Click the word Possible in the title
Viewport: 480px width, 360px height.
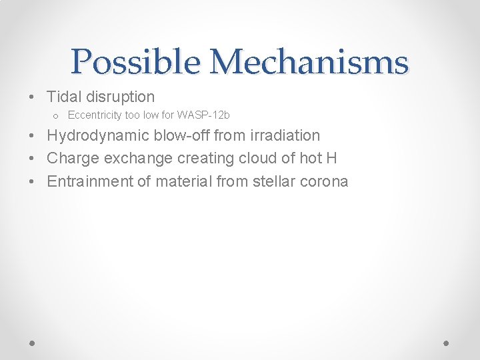click(135, 62)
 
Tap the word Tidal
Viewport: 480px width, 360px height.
click(64, 97)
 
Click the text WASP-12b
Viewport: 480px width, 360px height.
click(203, 115)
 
